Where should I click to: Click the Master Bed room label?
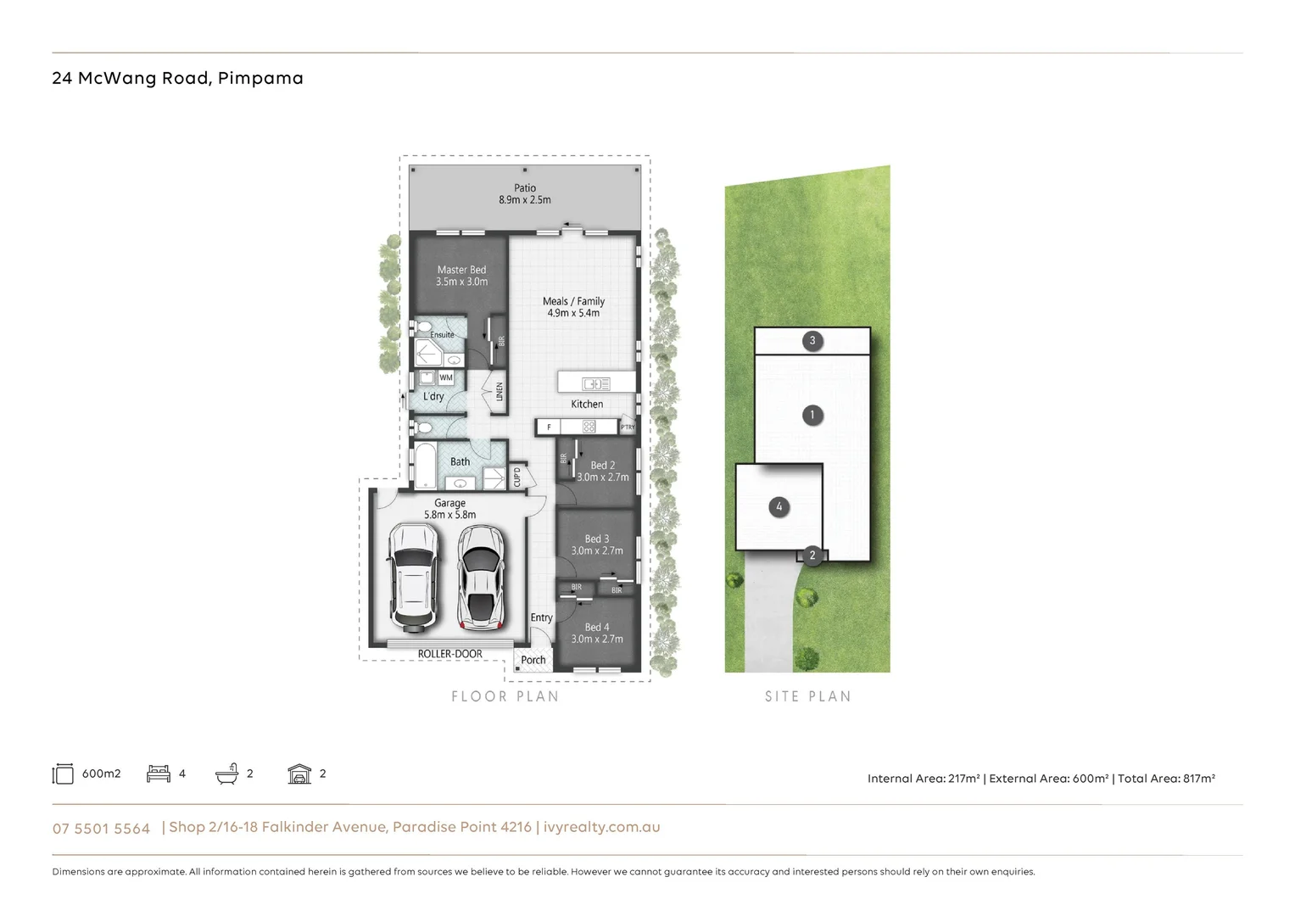[461, 276]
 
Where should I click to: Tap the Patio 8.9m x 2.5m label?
[524, 194]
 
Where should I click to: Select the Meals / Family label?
[573, 307]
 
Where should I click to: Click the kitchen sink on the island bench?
[595, 384]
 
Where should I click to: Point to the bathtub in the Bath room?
[424, 465]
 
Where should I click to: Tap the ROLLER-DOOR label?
[449, 654]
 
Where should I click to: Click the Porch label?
[533, 660]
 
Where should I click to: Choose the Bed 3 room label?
[597, 545]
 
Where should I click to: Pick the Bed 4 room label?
[597, 633]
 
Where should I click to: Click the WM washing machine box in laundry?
[446, 377]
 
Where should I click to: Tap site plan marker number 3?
[812, 341]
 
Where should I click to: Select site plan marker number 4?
[779, 507]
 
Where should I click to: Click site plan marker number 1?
[812, 415]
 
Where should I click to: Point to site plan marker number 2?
[812, 556]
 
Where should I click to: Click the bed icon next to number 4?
[159, 774]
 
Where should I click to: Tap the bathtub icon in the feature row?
[226, 774]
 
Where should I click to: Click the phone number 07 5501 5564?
[101, 829]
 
